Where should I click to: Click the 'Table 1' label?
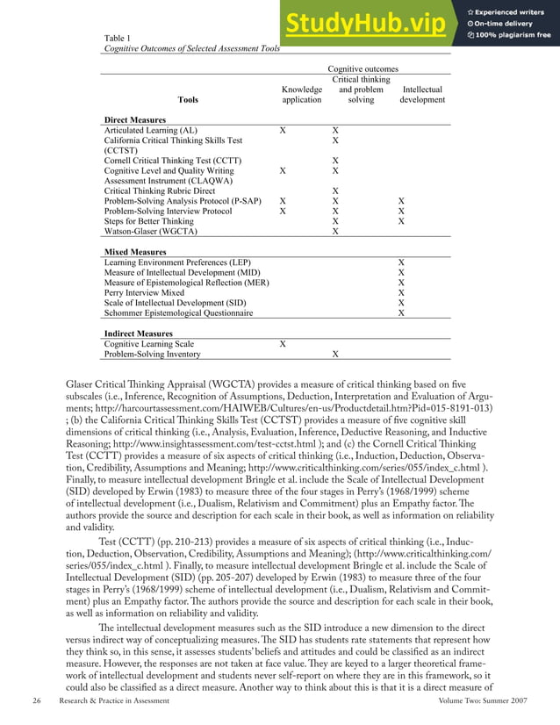tap(117, 38)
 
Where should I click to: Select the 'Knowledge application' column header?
tap(283, 95)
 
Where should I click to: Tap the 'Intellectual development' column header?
tap(421, 95)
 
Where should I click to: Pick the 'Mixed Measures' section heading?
tap(134, 252)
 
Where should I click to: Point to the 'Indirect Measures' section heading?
tap(138, 334)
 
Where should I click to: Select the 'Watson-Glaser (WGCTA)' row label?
tap(150, 232)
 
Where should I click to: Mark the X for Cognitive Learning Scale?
tap(282, 344)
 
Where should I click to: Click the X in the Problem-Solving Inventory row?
tap(334, 355)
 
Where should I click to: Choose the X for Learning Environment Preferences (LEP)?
tap(401, 262)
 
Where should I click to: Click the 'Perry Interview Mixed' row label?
tap(144, 292)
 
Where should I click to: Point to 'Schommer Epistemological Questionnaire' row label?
tap(178, 312)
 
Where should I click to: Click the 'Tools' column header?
tap(188, 100)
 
